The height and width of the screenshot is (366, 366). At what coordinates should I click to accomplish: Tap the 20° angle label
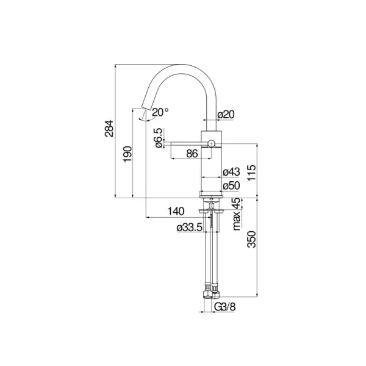160,112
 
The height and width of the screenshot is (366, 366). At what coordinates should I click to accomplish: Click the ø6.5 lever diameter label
158,137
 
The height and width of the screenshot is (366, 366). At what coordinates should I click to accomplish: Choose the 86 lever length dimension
191,154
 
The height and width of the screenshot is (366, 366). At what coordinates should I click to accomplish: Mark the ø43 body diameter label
231,173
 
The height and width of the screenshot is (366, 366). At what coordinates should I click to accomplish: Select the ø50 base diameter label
231,185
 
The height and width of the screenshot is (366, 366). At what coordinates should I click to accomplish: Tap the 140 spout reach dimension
175,212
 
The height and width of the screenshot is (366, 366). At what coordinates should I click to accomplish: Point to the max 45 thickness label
237,215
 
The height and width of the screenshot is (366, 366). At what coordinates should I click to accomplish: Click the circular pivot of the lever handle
210,144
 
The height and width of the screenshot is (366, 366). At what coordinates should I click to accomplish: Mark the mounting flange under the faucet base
210,210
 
